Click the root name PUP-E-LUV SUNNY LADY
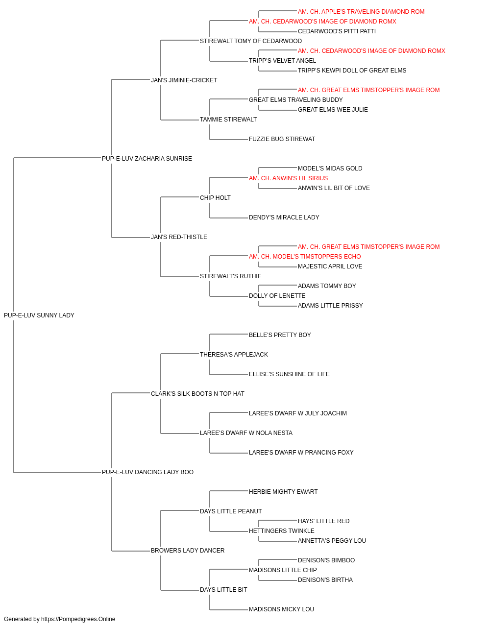pyautogui.click(x=39, y=315)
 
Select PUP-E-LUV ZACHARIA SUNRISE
pyautogui.click(x=147, y=158)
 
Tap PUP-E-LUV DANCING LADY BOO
pyautogui.click(x=148, y=472)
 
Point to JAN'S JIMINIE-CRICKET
pyautogui.click(x=184, y=80)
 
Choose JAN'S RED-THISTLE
pyautogui.click(x=179, y=237)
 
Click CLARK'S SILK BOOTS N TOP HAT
pyautogui.click(x=197, y=393)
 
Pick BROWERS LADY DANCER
pyautogui.click(x=188, y=550)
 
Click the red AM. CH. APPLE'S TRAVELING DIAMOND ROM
pyautogui.click(x=361, y=12)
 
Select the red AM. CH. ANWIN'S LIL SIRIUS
pyautogui.click(x=288, y=178)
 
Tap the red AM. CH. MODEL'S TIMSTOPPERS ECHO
pyautogui.click(x=305, y=256)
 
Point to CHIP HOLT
pyautogui.click(x=215, y=197)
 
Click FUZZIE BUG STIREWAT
pyautogui.click(x=282, y=139)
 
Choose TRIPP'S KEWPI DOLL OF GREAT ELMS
pyautogui.click(x=352, y=70)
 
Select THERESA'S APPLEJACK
pyautogui.click(x=234, y=354)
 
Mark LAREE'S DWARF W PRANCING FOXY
pyautogui.click(x=301, y=452)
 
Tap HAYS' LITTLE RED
pyautogui.click(x=323, y=521)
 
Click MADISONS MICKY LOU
pyautogui.click(x=281, y=609)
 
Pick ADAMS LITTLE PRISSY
pyautogui.click(x=330, y=305)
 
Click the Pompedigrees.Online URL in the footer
pyautogui.click(x=78, y=619)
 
